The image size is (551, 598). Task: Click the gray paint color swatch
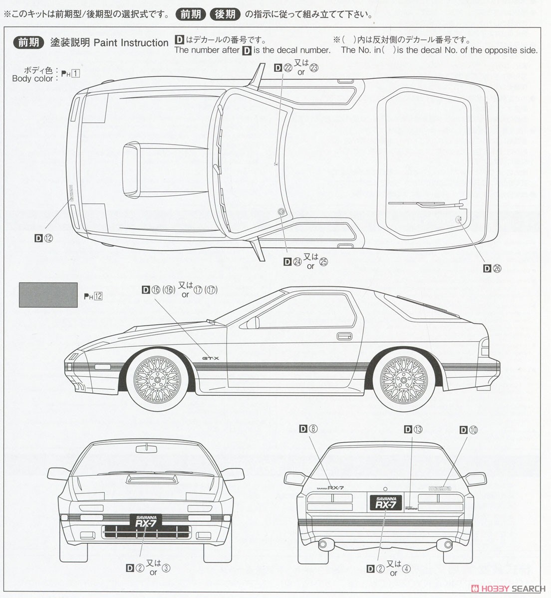(x=48, y=295)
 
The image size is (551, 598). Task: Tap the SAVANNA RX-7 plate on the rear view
(x=385, y=502)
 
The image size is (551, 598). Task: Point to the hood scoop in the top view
(x=133, y=168)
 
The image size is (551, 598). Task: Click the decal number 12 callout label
(x=44, y=238)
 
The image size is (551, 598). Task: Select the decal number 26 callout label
(x=492, y=269)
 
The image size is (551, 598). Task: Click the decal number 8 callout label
(x=308, y=429)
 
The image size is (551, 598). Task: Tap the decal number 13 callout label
(x=413, y=430)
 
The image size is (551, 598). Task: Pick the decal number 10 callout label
(x=469, y=430)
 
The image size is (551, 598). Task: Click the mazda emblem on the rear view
(x=440, y=488)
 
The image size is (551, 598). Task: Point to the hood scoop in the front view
(x=145, y=479)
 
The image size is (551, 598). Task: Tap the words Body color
(x=32, y=79)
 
